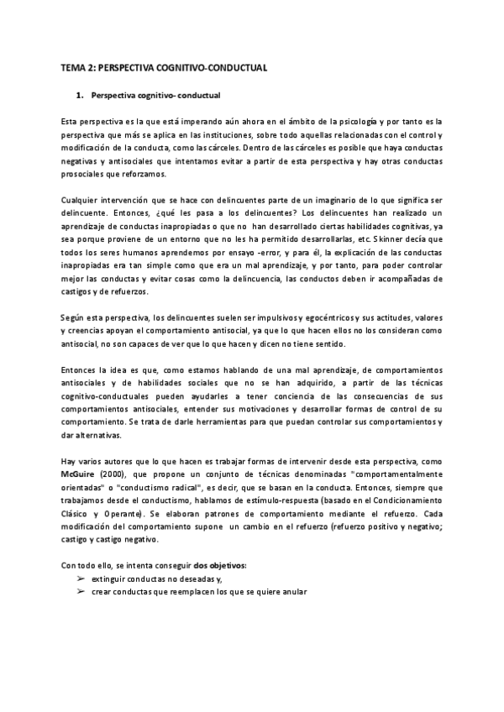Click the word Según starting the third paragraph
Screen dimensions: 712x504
(x=74, y=319)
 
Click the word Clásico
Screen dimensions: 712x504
(x=76, y=515)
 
